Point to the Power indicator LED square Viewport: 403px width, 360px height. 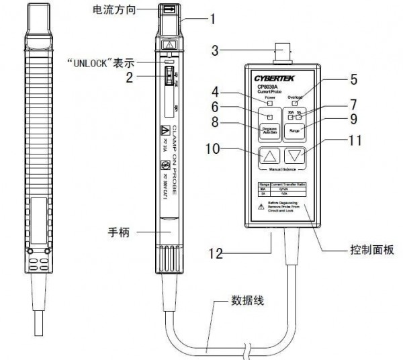(x=270, y=102)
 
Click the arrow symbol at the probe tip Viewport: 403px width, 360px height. (x=169, y=9)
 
